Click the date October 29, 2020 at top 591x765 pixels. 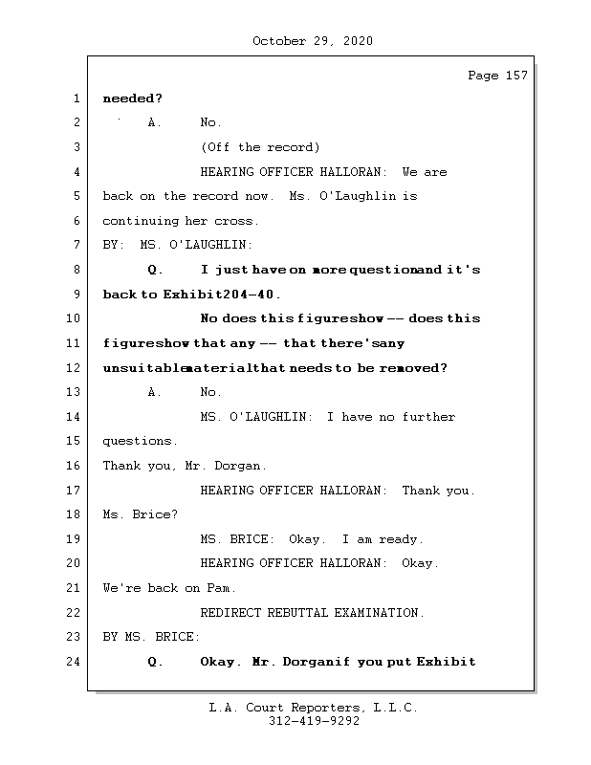[x=313, y=41]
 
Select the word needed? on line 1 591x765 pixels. [x=132, y=98]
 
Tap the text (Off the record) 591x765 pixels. [x=260, y=147]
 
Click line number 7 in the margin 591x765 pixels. [x=77, y=245]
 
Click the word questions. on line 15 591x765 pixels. [x=140, y=442]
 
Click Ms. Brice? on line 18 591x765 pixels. [x=140, y=514]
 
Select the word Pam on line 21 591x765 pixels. [x=222, y=588]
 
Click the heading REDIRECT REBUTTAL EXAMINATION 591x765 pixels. [x=313, y=613]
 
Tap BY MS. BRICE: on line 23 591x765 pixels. [x=151, y=637]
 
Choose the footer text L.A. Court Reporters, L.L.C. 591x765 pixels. [x=313, y=709]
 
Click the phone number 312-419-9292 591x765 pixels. [x=313, y=722]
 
